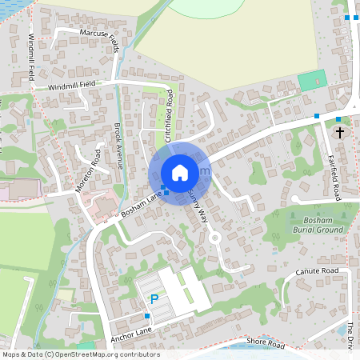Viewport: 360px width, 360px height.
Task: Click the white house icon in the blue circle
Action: (180, 173)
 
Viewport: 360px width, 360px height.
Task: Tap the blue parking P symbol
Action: (154, 299)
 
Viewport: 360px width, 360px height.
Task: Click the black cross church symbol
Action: (340, 131)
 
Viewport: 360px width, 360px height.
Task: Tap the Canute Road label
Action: (318, 272)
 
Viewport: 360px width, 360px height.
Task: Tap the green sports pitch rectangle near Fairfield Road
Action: (312, 81)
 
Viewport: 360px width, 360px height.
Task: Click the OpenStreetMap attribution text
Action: (80, 354)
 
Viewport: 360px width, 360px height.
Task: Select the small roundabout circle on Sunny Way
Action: (214, 238)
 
